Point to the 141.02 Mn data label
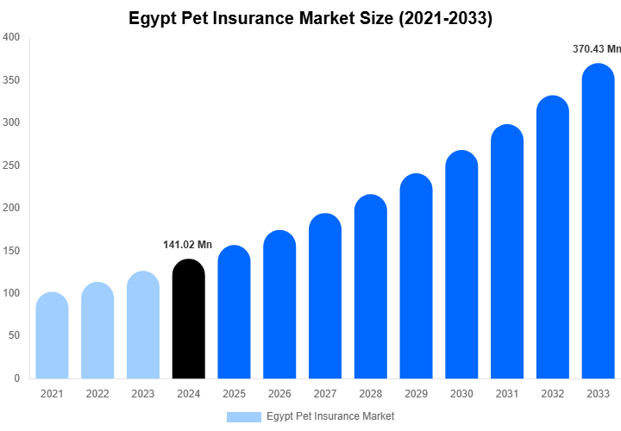(187, 245)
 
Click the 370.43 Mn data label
(597, 49)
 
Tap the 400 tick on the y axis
(12, 38)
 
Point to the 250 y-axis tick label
(12, 166)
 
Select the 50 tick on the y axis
(15, 335)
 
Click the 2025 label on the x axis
(234, 394)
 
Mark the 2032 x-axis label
(553, 394)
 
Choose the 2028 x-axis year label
(371, 394)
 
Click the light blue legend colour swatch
(243, 416)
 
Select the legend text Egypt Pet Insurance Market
(330, 416)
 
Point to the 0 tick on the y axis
(17, 378)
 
